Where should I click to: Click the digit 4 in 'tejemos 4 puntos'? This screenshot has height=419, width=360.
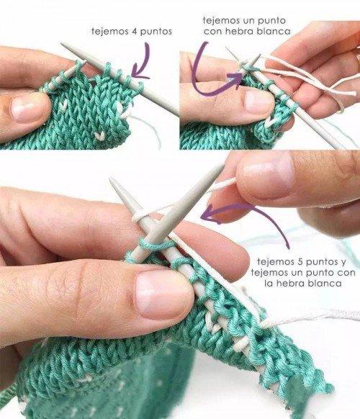click(133, 32)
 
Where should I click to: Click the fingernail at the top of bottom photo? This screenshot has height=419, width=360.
click(266, 176)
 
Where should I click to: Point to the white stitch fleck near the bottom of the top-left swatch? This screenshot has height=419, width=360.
click(100, 136)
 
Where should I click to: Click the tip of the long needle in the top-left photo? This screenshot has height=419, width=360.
click(62, 43)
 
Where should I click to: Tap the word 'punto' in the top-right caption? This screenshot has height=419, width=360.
click(271, 21)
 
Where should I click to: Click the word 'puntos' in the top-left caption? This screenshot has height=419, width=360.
click(156, 32)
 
